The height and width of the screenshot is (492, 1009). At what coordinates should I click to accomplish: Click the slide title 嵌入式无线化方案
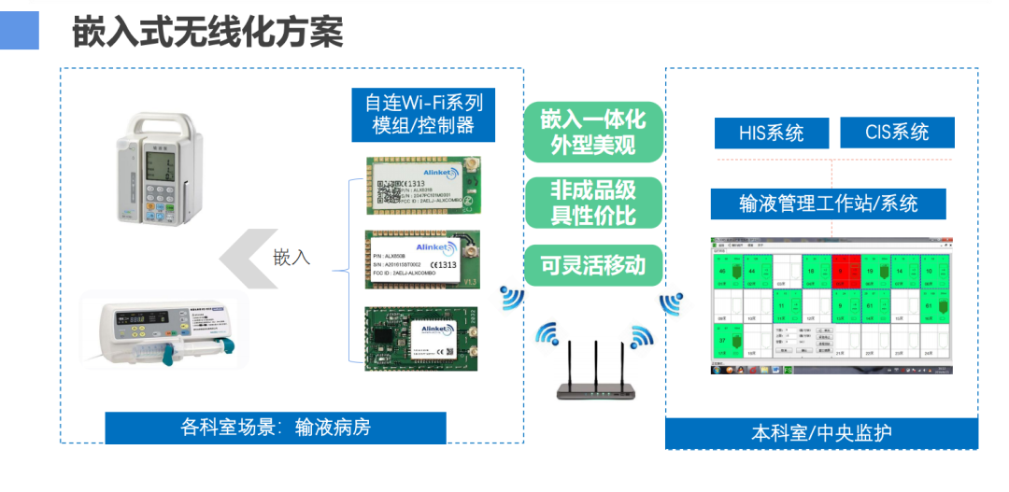(207, 32)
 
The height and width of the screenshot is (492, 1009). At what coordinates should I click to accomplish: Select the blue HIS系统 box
(771, 133)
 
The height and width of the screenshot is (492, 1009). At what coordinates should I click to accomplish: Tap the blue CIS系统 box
(897, 133)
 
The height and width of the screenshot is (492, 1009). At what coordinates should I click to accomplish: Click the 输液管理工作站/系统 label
(828, 204)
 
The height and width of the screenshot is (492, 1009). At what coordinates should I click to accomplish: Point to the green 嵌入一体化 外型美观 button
(592, 132)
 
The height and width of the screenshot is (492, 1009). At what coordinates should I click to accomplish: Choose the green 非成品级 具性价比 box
(592, 202)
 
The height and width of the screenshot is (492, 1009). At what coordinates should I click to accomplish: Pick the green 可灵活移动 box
(592, 265)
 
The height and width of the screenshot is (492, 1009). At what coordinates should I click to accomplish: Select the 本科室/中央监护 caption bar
(821, 433)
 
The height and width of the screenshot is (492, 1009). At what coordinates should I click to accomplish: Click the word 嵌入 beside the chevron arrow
(291, 257)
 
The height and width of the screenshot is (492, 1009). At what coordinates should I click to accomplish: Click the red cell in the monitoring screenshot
(847, 271)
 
